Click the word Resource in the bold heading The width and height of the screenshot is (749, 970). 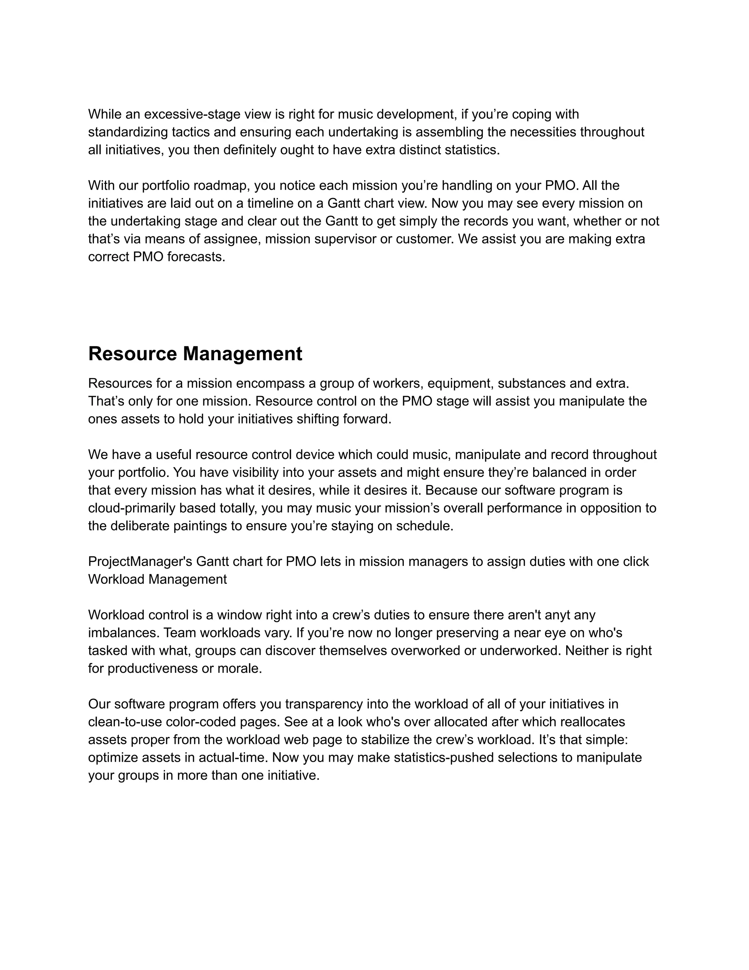coord(133,354)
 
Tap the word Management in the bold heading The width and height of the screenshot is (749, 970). coord(243,354)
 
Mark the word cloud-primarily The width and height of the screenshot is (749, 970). coord(133,508)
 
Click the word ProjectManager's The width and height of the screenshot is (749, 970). coord(140,562)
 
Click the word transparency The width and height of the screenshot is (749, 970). coord(331,704)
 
